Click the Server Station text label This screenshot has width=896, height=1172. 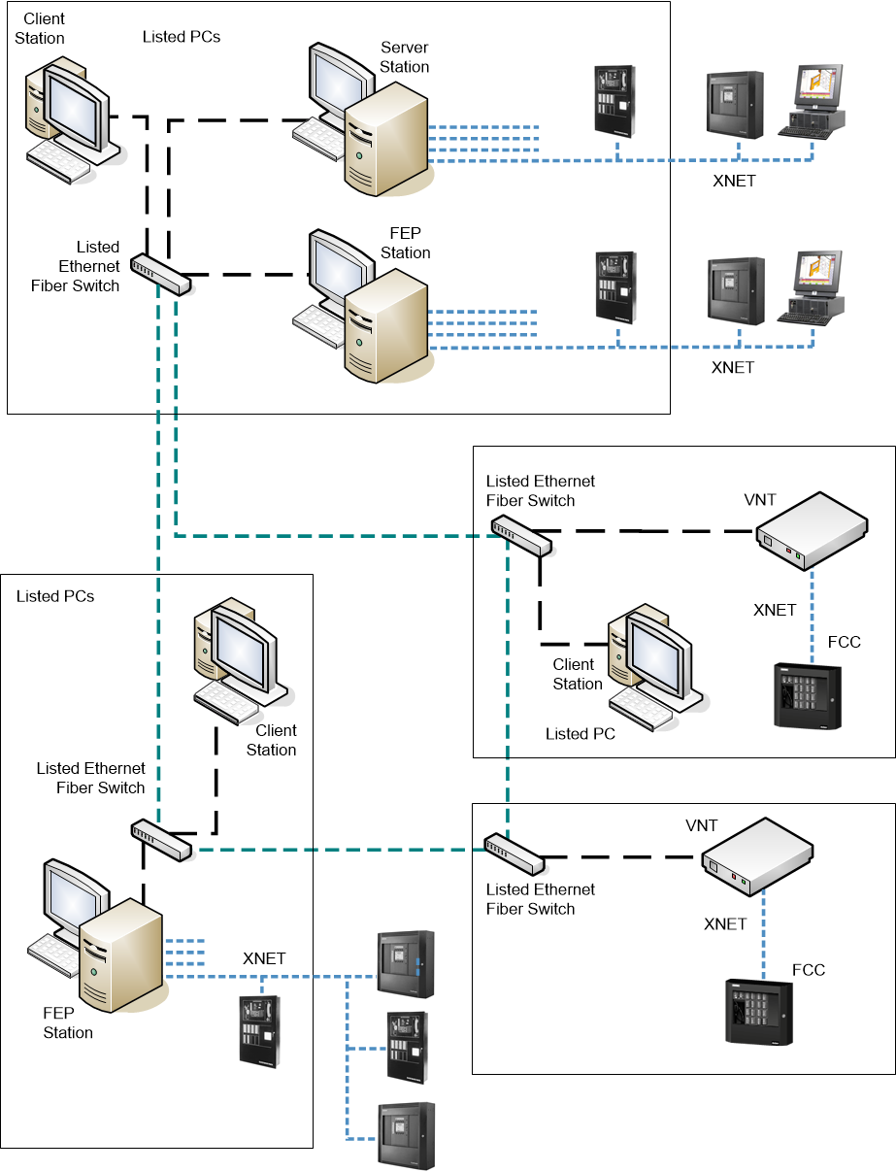pos(404,57)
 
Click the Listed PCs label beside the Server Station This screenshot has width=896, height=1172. pos(181,37)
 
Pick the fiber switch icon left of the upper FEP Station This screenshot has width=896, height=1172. pos(161,277)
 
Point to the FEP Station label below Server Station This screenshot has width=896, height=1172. pos(405,243)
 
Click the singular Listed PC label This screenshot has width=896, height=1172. pos(580,734)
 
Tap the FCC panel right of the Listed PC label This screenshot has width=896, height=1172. pos(807,694)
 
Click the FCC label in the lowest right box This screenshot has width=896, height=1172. pos(809,970)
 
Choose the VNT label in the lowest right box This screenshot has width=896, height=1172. pos(701,825)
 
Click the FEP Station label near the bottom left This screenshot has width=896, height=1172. pos(68,1022)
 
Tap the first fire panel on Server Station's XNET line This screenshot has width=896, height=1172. pos(614,101)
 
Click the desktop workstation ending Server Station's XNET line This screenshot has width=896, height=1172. pos(813,101)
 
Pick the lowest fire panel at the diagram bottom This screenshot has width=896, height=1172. pos(406,1135)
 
